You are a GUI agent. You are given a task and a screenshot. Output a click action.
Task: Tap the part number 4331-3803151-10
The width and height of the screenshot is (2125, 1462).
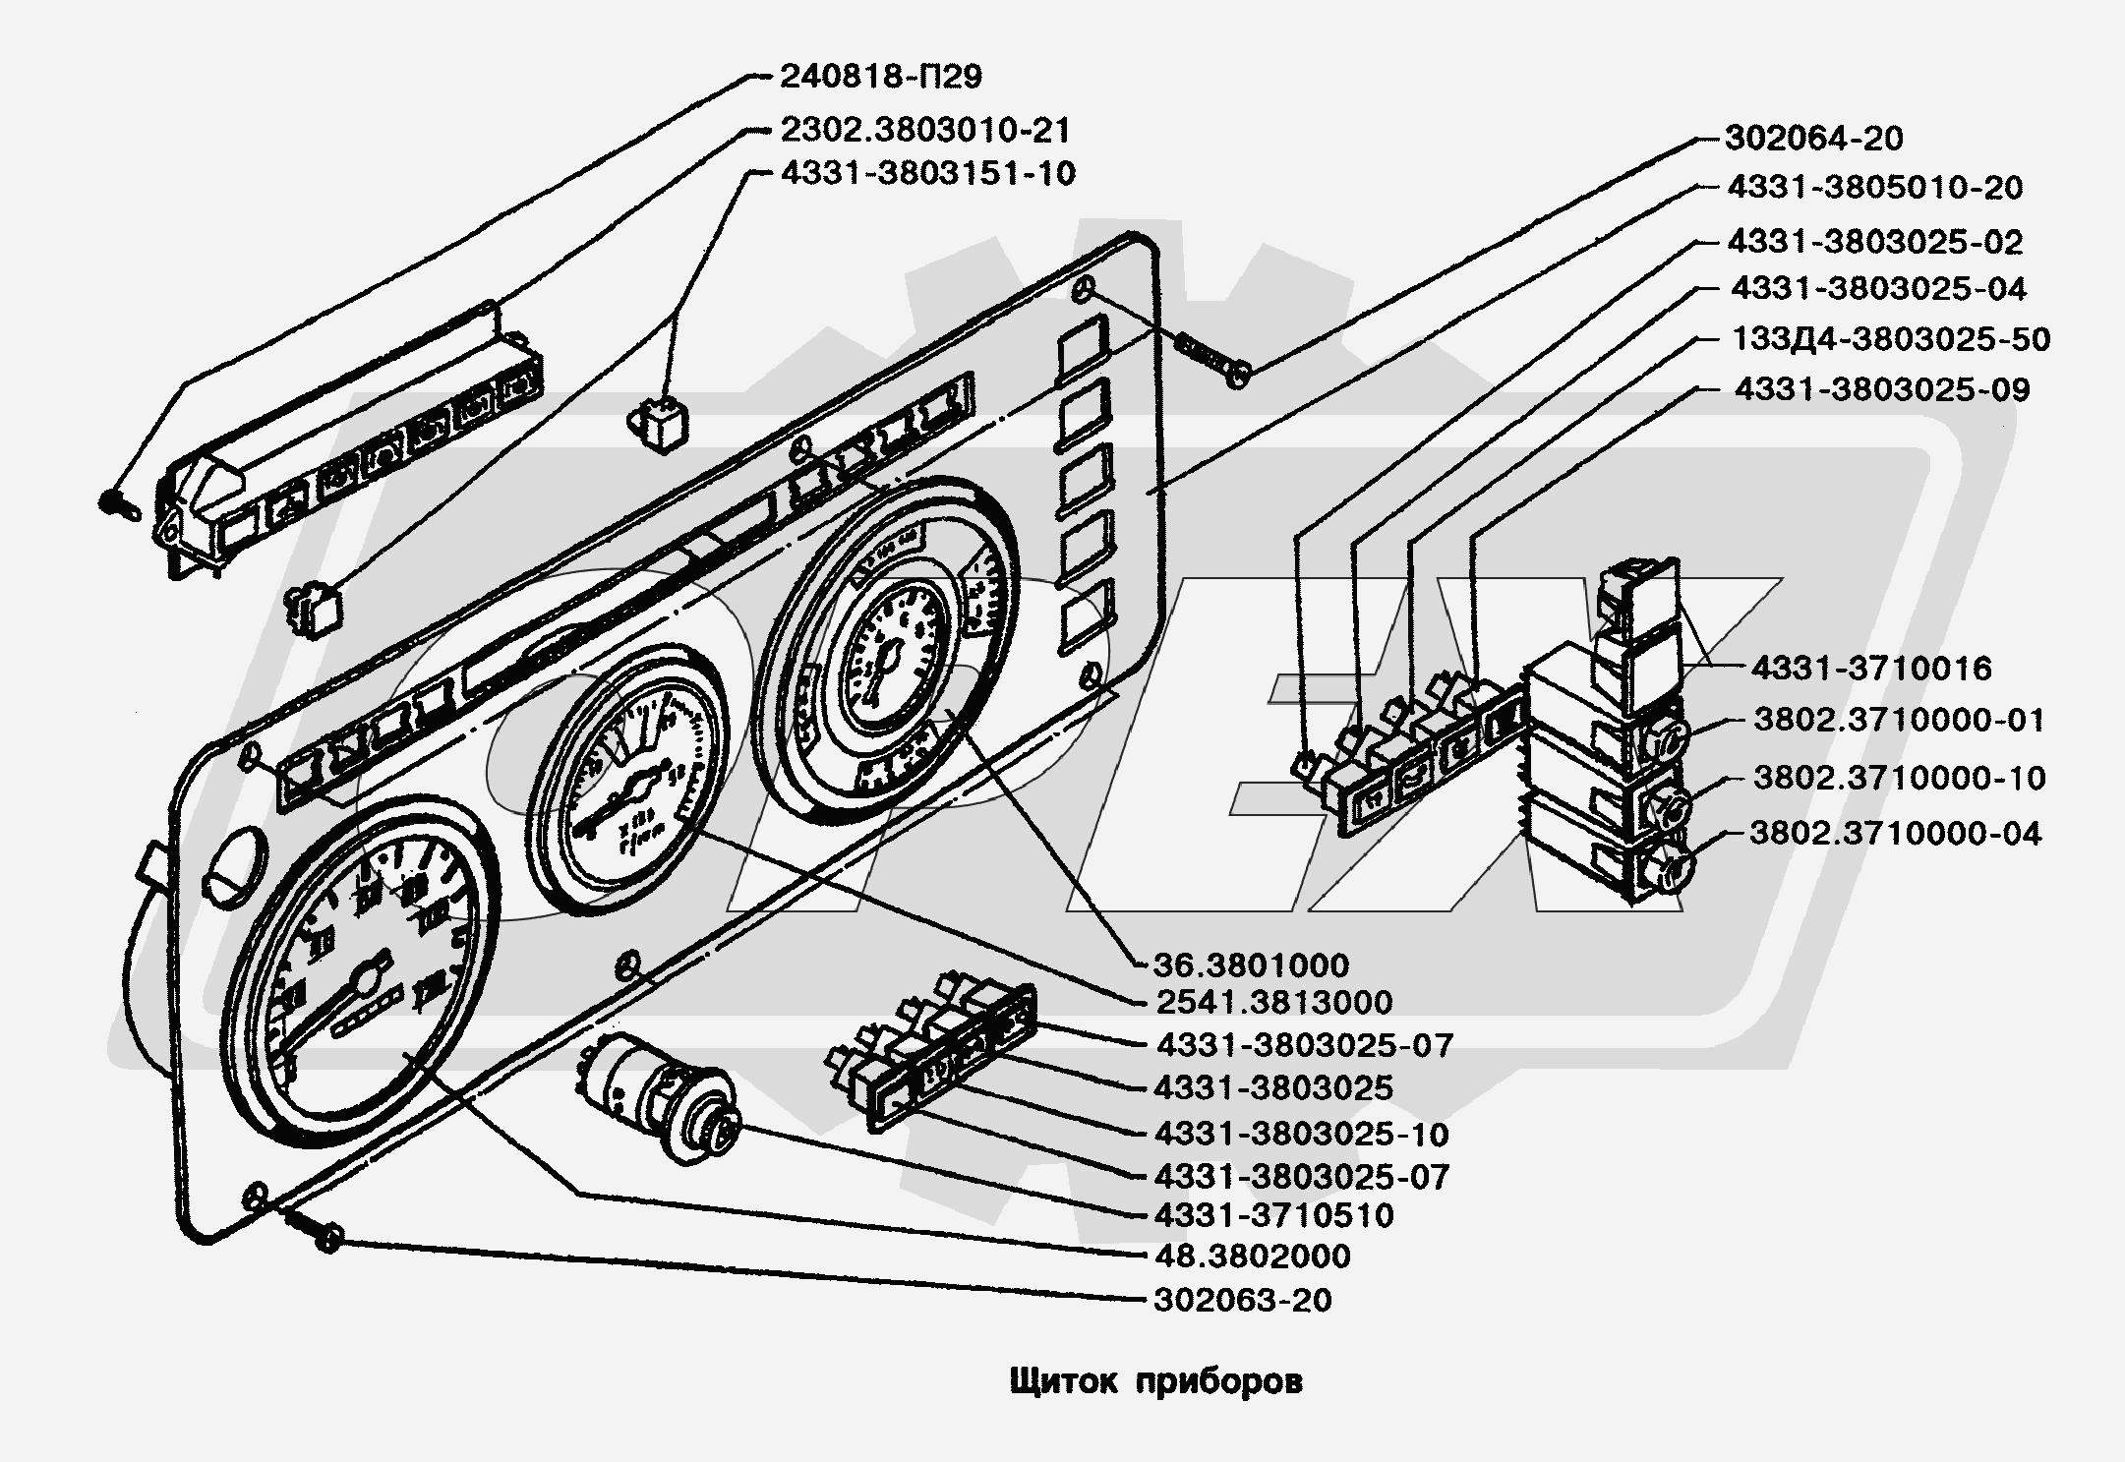927,174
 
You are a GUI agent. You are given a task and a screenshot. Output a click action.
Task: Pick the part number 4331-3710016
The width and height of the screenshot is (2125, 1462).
1870,669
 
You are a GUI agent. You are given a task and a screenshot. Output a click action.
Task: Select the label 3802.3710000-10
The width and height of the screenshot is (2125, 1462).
1899,778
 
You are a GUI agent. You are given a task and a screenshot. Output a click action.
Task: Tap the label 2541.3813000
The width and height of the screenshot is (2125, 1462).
1272,1002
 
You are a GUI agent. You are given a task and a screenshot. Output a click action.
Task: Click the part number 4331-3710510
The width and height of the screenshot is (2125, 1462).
1274,1215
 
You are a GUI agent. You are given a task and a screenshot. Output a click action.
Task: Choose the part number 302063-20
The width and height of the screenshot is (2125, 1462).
1243,1300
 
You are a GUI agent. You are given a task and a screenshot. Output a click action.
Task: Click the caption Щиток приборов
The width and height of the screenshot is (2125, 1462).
1155,1381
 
